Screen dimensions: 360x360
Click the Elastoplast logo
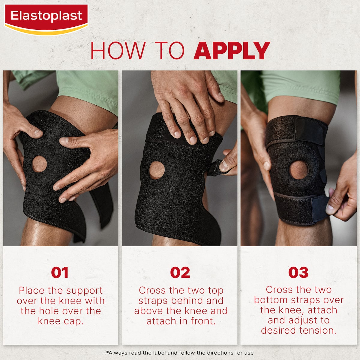[46, 19]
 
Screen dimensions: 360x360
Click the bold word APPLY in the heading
[232, 50]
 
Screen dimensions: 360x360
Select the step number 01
[60, 273]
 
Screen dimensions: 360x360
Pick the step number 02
[180, 273]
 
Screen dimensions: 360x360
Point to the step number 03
[298, 273]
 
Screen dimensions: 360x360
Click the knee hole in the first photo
[39, 164]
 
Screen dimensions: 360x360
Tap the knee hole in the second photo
[157, 170]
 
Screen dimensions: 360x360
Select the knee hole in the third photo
[298, 170]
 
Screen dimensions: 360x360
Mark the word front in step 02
[203, 321]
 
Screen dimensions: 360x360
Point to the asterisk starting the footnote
[107, 352]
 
